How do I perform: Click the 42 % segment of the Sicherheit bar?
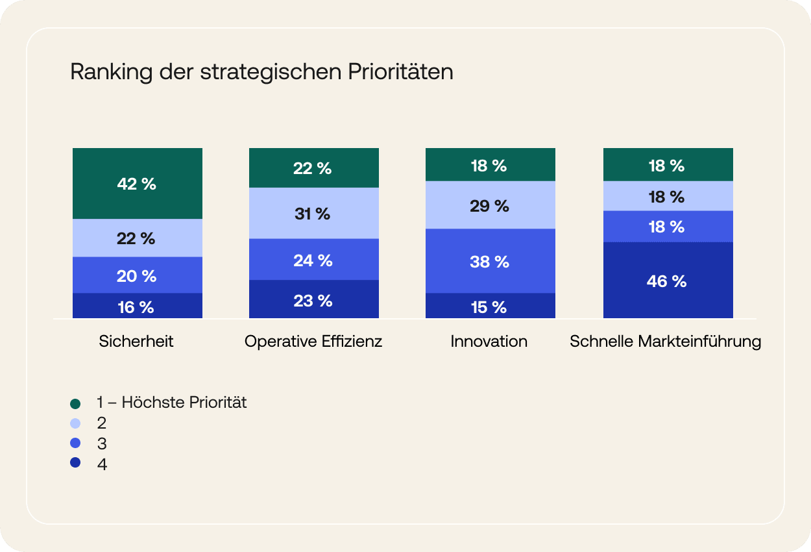click(x=137, y=184)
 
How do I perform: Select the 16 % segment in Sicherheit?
click(x=137, y=307)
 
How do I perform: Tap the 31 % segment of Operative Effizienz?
click(x=313, y=213)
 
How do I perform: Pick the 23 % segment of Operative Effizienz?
click(x=313, y=299)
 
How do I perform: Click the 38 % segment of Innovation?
click(x=490, y=261)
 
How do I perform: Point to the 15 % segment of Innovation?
click(x=490, y=307)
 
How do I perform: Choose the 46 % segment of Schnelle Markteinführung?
click(x=668, y=281)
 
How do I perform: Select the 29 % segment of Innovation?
click(x=490, y=205)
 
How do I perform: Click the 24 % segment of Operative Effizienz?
click(x=313, y=259)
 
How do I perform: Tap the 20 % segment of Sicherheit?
click(x=137, y=275)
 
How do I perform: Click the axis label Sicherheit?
click(x=136, y=341)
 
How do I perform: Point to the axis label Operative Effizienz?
click(x=313, y=341)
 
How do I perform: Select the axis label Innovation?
click(x=489, y=341)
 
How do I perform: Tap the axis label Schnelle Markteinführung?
click(x=666, y=341)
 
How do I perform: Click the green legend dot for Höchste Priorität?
click(x=75, y=403)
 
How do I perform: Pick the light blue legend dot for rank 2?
click(x=75, y=423)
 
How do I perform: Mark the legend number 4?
click(x=102, y=464)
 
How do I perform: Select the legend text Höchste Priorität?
click(x=184, y=403)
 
